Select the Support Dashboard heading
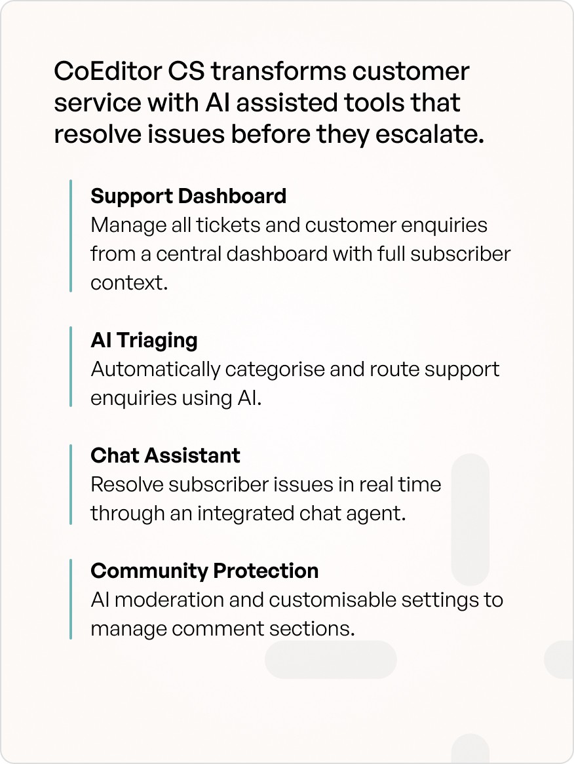(188, 196)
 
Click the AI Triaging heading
(143, 340)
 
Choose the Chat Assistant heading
(165, 455)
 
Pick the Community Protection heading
(204, 571)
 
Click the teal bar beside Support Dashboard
(71, 236)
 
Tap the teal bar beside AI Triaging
(71, 366)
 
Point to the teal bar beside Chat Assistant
(71, 484)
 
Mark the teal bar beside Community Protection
(71, 599)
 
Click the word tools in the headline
(368, 103)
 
